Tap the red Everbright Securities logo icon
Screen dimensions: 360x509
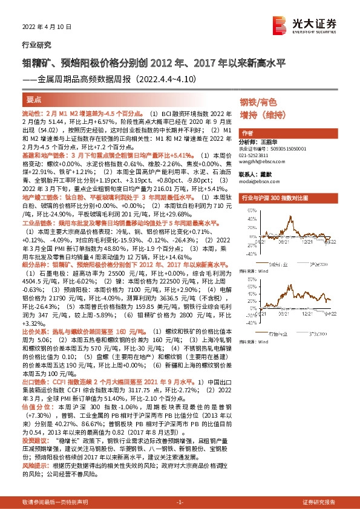click(280, 25)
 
